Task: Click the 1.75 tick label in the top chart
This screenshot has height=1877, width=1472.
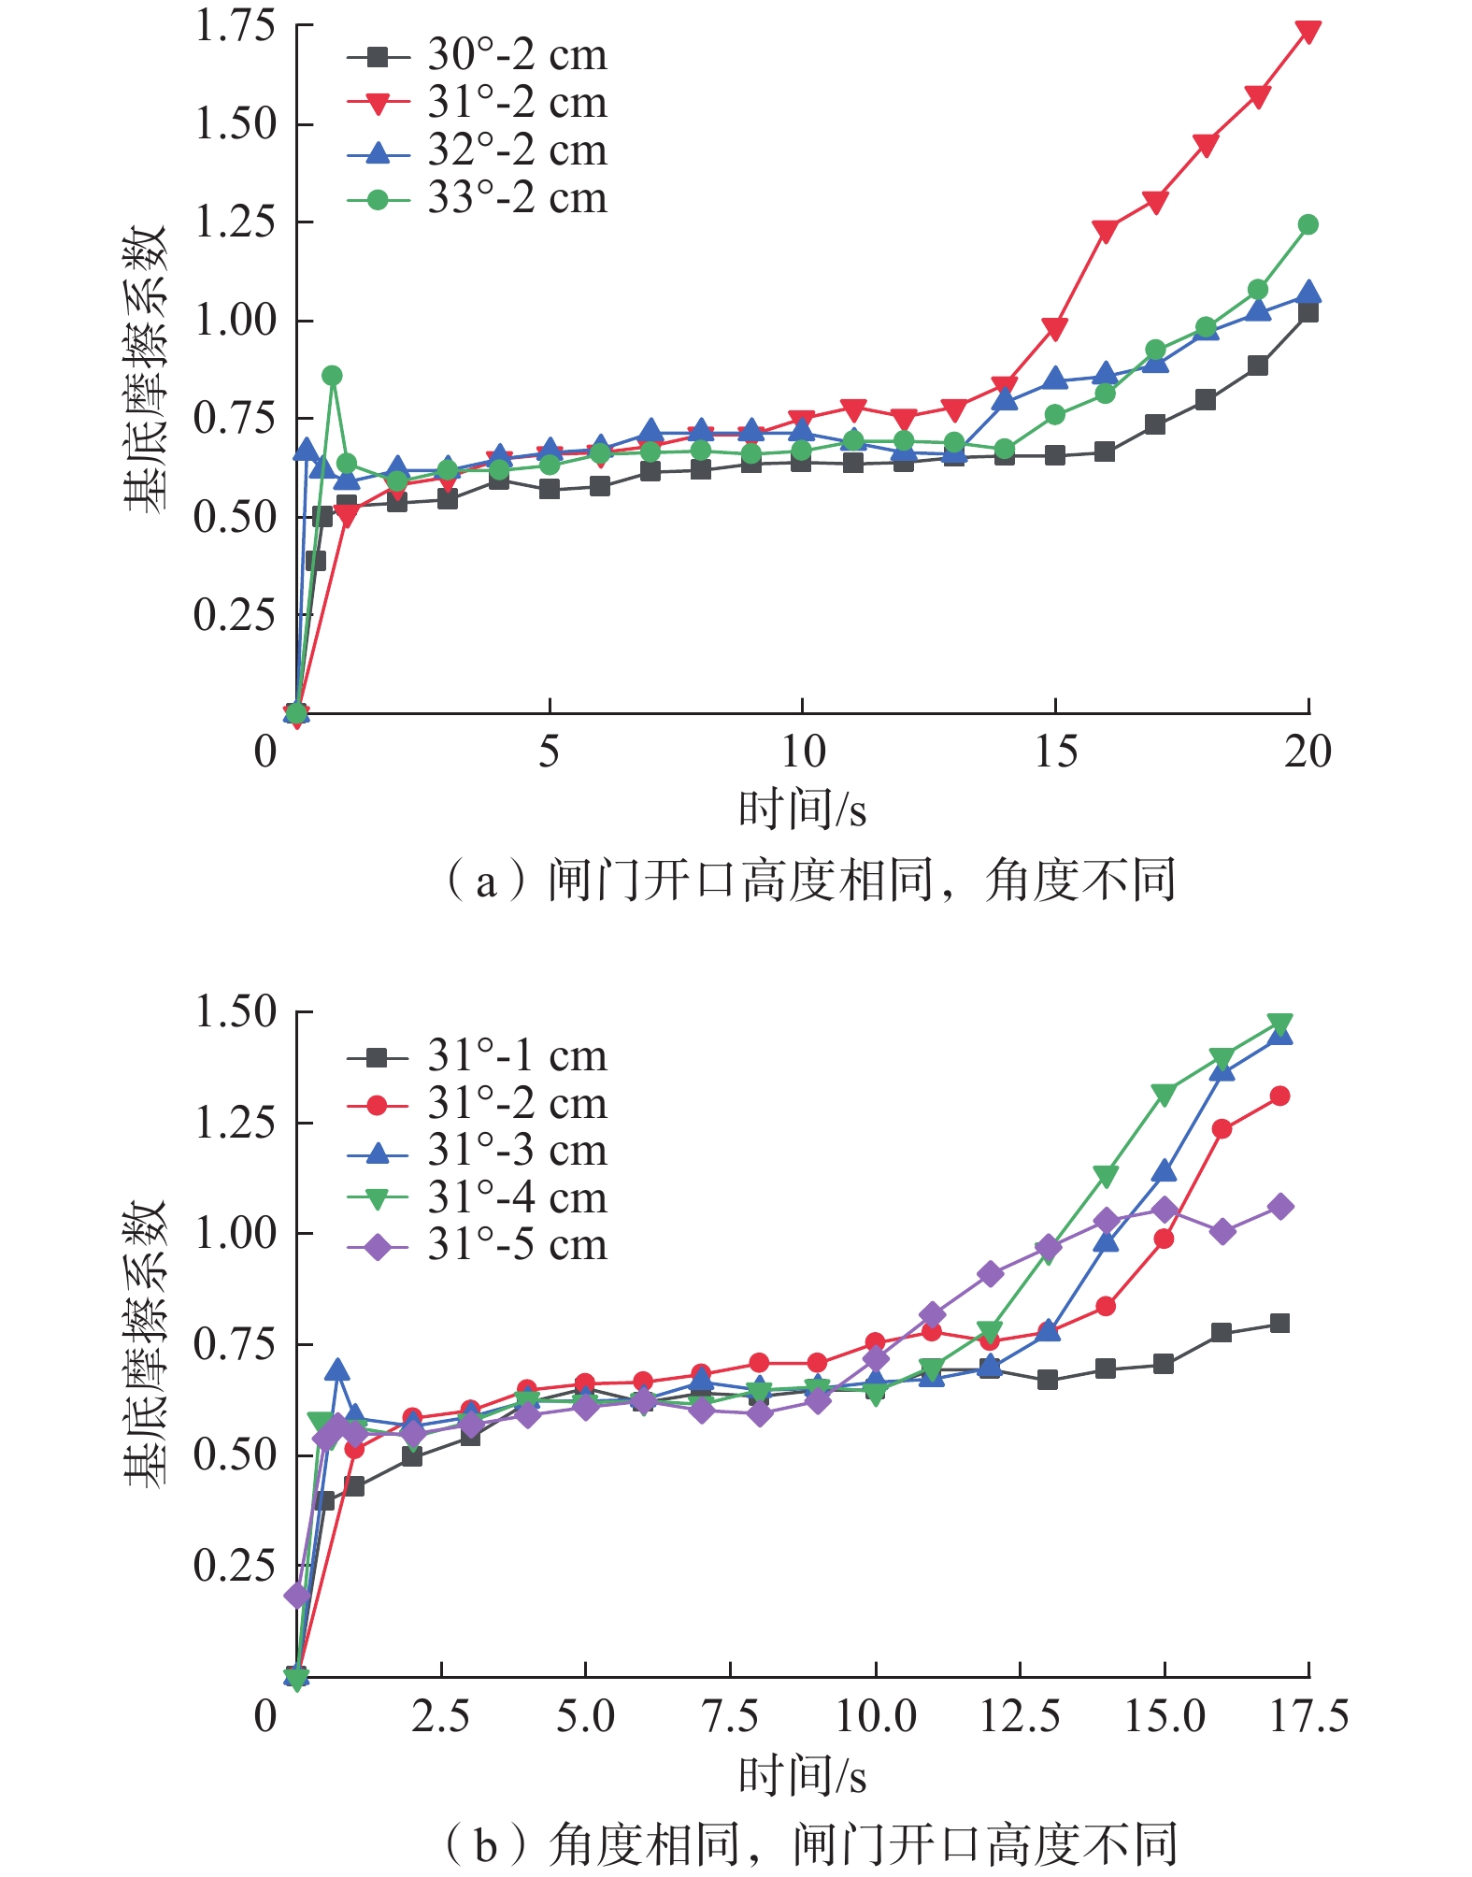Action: (x=236, y=25)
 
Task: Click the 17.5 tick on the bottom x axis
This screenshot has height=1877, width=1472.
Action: (x=1308, y=1717)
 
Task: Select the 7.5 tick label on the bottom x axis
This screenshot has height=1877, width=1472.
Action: (x=730, y=1717)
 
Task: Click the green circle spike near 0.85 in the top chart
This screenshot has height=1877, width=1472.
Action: (x=332, y=376)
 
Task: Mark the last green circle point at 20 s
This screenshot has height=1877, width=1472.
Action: (x=1308, y=224)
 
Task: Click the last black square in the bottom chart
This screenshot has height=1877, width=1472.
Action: (x=1279, y=1323)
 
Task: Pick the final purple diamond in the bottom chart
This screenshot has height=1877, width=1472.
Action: (x=1280, y=1207)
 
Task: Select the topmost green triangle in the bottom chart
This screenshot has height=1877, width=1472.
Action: (x=1279, y=1024)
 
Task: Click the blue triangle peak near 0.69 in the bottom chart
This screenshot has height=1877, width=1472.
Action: (x=337, y=1371)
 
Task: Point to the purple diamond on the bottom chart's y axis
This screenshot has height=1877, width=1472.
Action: (x=297, y=1595)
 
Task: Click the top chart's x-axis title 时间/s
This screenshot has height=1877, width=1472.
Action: (x=802, y=810)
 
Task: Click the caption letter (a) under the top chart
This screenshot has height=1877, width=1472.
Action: (x=485, y=881)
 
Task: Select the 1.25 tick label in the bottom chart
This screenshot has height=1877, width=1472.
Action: (x=236, y=1122)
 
